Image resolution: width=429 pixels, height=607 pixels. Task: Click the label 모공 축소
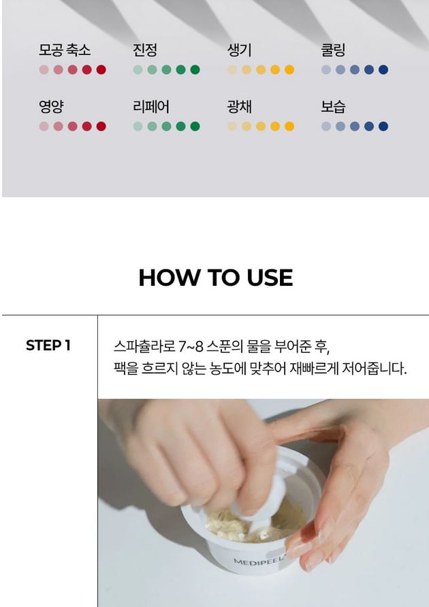pyautogui.click(x=64, y=50)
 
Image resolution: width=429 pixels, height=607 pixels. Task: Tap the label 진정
pyautogui.click(x=145, y=50)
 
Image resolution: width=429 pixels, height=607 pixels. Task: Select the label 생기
pyautogui.click(x=239, y=50)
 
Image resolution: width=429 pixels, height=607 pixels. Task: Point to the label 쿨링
pyautogui.click(x=333, y=50)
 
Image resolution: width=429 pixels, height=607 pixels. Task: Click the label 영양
pyautogui.click(x=51, y=106)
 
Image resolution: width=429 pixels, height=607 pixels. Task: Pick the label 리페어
pyautogui.click(x=150, y=106)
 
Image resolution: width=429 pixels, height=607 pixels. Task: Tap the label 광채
pyautogui.click(x=239, y=106)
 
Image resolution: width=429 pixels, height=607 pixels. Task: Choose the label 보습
pyautogui.click(x=333, y=106)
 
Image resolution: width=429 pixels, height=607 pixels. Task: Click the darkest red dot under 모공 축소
pyautogui.click(x=101, y=69)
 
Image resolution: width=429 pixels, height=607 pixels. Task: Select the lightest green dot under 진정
pyautogui.click(x=138, y=69)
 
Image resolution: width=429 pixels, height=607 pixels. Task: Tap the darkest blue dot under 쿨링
pyautogui.click(x=383, y=69)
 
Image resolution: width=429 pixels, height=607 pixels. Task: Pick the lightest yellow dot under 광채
pyautogui.click(x=232, y=126)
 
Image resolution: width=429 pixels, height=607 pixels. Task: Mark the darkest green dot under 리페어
pyautogui.click(x=195, y=126)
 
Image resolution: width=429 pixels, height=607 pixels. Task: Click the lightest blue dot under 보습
pyautogui.click(x=326, y=126)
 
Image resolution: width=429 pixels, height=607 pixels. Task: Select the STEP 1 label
pyautogui.click(x=48, y=345)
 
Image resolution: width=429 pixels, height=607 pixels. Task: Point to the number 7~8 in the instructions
pyautogui.click(x=191, y=346)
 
